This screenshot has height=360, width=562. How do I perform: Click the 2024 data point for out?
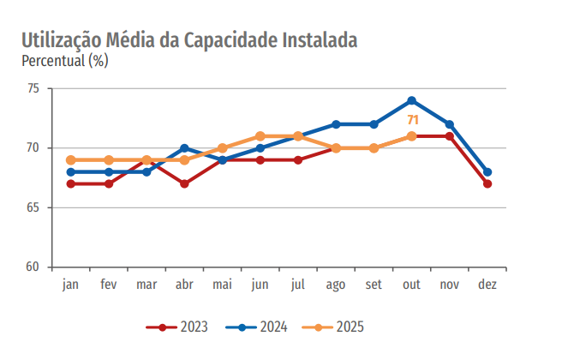(412, 100)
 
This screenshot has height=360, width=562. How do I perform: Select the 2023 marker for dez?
(487, 183)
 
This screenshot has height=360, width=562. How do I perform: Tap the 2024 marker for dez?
(487, 171)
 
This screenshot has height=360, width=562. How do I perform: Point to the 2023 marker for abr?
(184, 183)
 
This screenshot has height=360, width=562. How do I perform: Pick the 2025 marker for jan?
(71, 159)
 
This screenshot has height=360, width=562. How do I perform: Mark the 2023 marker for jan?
(71, 183)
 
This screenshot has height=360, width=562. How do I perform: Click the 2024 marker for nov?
(450, 124)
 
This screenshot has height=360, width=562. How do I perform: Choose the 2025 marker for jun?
(260, 136)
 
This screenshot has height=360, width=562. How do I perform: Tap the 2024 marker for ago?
(336, 124)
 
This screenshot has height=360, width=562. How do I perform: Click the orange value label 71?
(412, 120)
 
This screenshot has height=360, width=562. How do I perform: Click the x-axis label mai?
(222, 284)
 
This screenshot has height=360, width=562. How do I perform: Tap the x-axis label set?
(374, 284)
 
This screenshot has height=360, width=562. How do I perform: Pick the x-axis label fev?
(109, 284)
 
